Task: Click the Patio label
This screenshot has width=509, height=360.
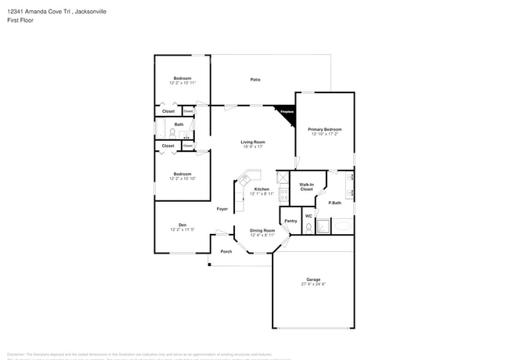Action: tap(255, 80)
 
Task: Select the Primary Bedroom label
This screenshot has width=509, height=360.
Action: tap(325, 129)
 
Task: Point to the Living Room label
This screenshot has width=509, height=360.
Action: tap(253, 142)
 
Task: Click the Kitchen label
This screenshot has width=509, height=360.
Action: tap(262, 189)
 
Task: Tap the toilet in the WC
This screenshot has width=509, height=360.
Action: tap(309, 227)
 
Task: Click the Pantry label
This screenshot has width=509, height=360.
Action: tap(290, 221)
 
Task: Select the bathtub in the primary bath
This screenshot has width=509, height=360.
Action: tap(344, 226)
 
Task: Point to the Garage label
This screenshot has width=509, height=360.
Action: tap(312, 279)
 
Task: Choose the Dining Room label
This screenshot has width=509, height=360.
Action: tap(262, 230)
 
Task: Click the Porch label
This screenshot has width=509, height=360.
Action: tap(226, 251)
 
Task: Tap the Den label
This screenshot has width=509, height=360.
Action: tap(182, 225)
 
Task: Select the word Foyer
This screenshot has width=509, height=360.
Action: tap(222, 209)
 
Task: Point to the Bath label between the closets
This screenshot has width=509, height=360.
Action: tap(179, 124)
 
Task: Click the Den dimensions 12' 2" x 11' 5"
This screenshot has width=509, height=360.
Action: tap(182, 229)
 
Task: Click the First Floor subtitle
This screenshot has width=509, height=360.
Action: tap(20, 21)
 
